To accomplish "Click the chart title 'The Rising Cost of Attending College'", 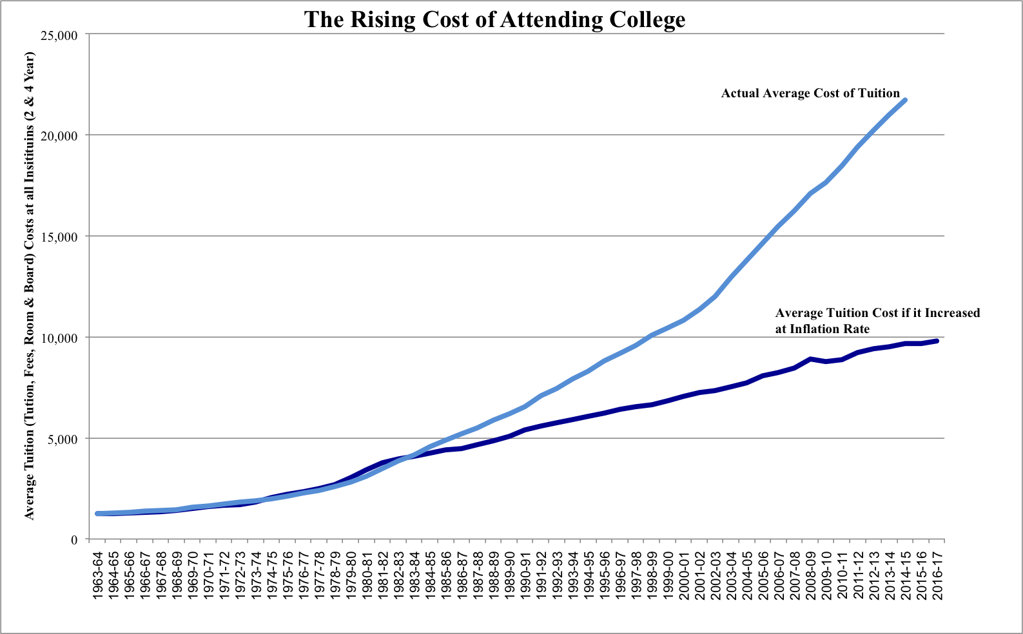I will pyautogui.click(x=494, y=19).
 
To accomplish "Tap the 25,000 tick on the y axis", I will pyautogui.click(x=59, y=35).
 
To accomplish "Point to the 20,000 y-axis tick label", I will pyautogui.click(x=59, y=136).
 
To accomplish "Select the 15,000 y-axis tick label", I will pyautogui.click(x=59, y=237).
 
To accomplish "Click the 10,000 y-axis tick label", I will pyautogui.click(x=59, y=338).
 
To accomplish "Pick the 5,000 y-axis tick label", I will pyautogui.click(x=63, y=439).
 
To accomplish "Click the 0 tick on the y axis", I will pyautogui.click(x=74, y=540).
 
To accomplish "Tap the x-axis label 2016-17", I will pyautogui.click(x=938, y=575).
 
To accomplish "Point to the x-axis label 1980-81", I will pyautogui.click(x=367, y=575).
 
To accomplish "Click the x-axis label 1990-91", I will pyautogui.click(x=526, y=575).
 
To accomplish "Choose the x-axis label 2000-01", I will pyautogui.click(x=684, y=575).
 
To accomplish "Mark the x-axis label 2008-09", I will pyautogui.click(x=811, y=575).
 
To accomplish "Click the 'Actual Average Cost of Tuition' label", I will pyautogui.click(x=810, y=93).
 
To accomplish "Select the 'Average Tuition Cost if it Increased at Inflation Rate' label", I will pyautogui.click(x=877, y=321).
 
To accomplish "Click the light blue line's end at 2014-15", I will pyautogui.click(x=905, y=101).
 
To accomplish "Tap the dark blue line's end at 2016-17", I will pyautogui.click(x=937, y=341).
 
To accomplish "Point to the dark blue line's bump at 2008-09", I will pyautogui.click(x=810, y=359).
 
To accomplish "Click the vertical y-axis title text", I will pyautogui.click(x=30, y=285).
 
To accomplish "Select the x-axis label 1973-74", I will pyautogui.click(x=257, y=575).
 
